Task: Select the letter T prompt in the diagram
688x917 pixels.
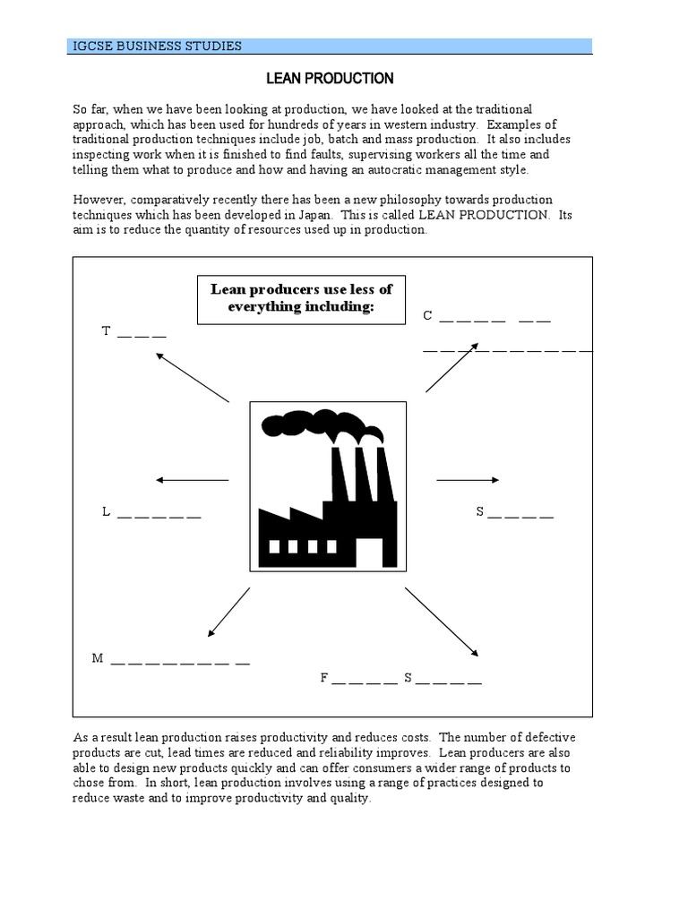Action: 106,331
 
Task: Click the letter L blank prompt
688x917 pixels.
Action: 106,512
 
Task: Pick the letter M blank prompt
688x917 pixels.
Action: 99,658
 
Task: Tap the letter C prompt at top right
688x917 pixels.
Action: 428,315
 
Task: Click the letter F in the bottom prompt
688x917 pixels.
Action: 324,678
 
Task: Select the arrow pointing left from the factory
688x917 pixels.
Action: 192,481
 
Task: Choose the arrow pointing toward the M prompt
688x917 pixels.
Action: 228,613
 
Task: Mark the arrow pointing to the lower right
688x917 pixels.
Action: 442,621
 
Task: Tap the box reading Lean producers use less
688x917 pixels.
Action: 301,299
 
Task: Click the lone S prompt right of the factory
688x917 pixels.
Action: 480,512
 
